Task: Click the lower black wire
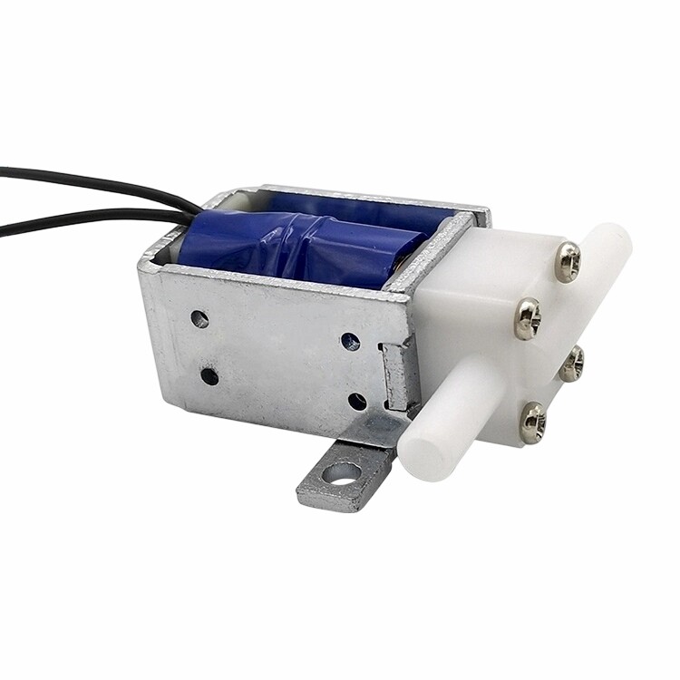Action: tap(82, 218)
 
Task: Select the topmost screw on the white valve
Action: tap(569, 262)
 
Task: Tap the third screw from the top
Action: tap(572, 364)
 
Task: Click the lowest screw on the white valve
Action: tap(532, 423)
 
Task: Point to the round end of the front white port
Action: tap(427, 449)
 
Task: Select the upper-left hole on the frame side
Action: tap(199, 319)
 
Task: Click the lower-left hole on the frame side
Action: tap(209, 375)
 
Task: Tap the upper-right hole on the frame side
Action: tap(350, 342)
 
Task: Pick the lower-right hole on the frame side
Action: tap(357, 401)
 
